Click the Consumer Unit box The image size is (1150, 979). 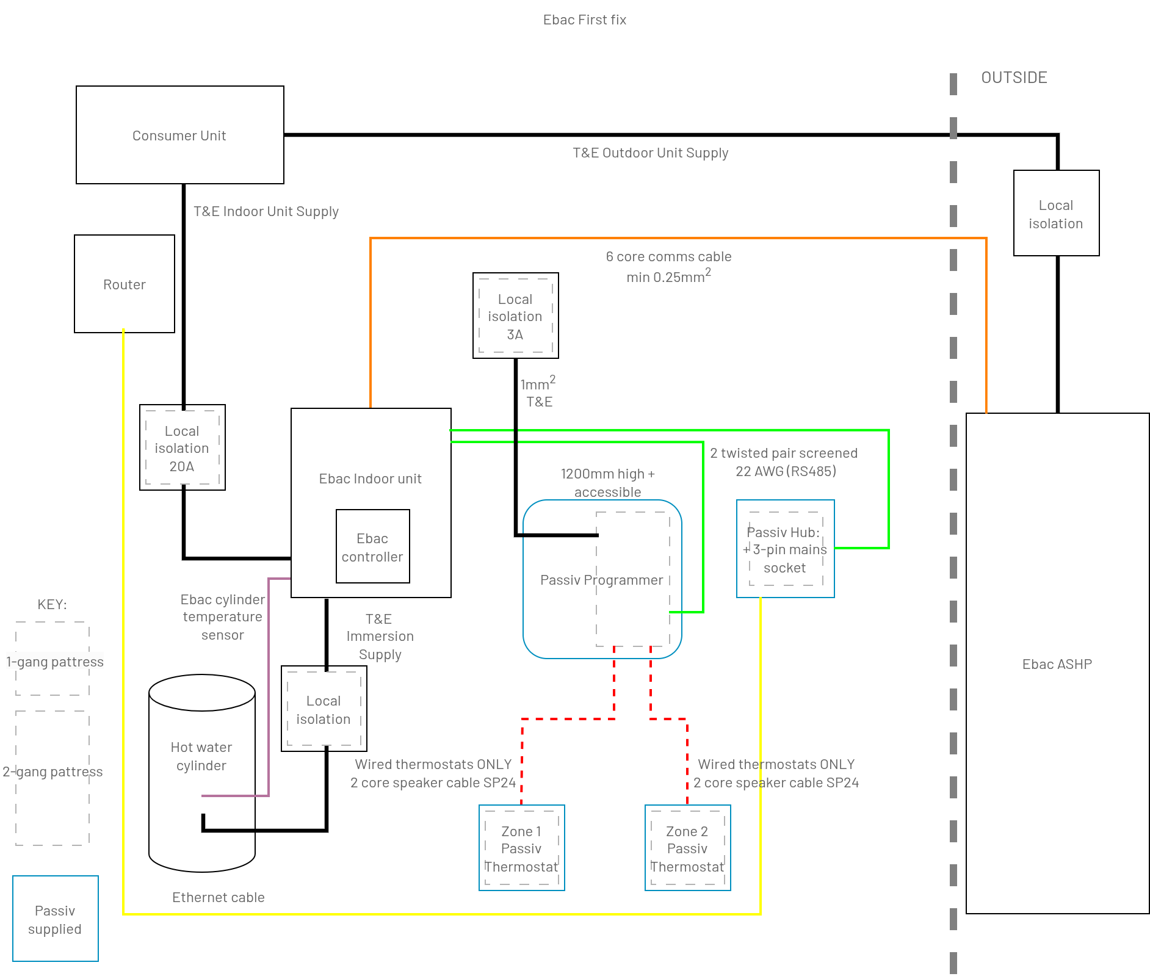tap(179, 135)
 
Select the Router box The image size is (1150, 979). tap(125, 284)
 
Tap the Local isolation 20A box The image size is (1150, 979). tap(182, 447)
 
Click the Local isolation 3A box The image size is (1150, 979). tap(515, 316)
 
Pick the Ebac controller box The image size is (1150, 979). tap(372, 546)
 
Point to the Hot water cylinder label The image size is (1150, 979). tap(201, 756)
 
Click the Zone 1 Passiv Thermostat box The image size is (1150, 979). tap(521, 848)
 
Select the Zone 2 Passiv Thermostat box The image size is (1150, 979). tap(687, 848)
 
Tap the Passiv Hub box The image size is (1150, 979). tap(785, 549)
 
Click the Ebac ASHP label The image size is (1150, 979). tap(1057, 664)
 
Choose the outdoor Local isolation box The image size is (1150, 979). tap(1056, 213)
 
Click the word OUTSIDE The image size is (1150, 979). tap(1014, 78)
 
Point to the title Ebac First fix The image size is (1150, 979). tap(584, 20)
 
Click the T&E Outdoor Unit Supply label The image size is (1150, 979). tap(650, 153)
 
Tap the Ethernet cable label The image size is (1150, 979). tap(218, 897)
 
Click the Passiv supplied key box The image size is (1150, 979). tap(55, 919)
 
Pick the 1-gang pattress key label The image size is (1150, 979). tap(54, 662)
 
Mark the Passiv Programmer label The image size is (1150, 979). tap(601, 580)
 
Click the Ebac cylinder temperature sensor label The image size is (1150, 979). tap(222, 616)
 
